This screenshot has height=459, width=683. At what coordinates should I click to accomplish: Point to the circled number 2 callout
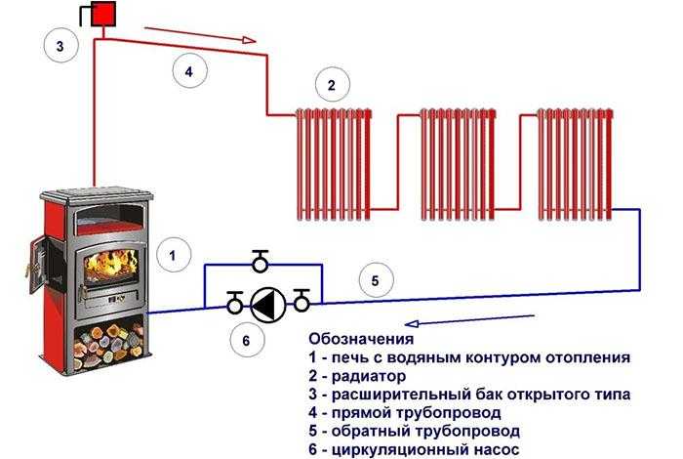(x=332, y=86)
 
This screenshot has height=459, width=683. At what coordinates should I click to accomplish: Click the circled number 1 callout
(x=173, y=256)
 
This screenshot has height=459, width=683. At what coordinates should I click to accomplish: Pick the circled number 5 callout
(x=375, y=279)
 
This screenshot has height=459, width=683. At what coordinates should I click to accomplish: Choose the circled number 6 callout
(x=247, y=341)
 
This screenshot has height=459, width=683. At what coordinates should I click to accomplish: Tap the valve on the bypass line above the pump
(x=261, y=262)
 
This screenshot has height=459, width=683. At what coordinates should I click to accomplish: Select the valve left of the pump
(x=234, y=304)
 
